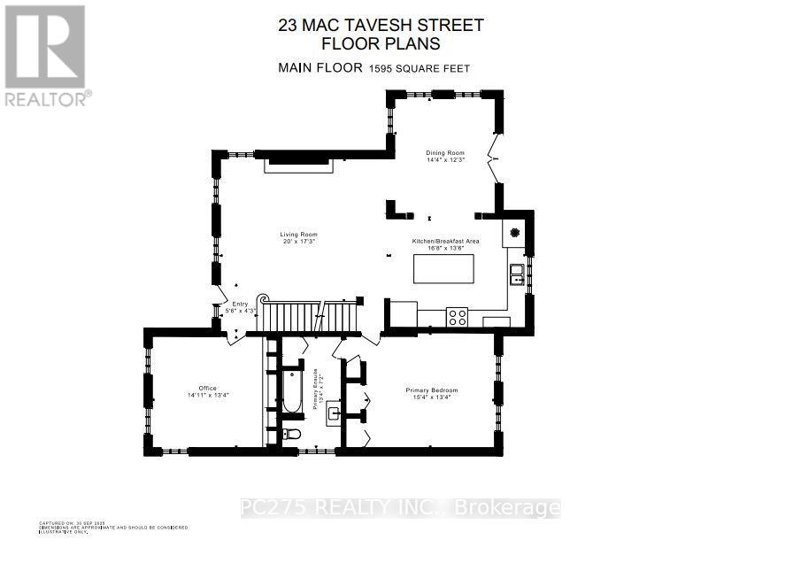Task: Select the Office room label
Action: point(208,391)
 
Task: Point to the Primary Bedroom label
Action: point(432,394)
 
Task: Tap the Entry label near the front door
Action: point(241,306)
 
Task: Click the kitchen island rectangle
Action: point(443,268)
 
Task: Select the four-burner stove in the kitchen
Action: point(458,317)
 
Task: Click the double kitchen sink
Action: point(516,275)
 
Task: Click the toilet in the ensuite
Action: point(293,434)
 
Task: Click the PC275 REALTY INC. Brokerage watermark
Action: point(400,508)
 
